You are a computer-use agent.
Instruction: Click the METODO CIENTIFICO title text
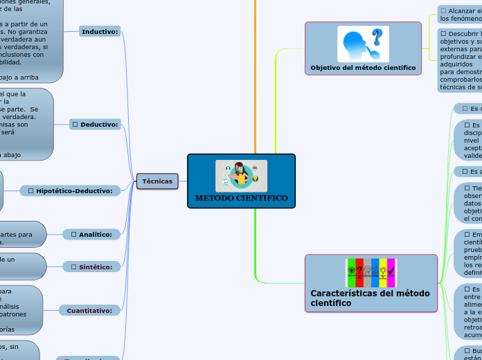coord(241,198)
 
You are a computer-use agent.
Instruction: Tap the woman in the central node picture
coord(241,174)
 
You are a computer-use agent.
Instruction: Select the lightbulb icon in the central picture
coord(255,179)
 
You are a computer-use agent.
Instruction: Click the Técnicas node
coord(157,181)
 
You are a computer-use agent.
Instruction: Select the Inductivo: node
coord(100,32)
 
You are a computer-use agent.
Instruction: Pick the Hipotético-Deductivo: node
coord(70,190)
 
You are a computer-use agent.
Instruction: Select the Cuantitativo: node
coord(89,311)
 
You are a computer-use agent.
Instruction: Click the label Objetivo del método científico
coord(363,68)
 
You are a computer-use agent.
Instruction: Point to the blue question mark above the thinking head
coord(377,36)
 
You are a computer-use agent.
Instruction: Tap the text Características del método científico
coord(370,298)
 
